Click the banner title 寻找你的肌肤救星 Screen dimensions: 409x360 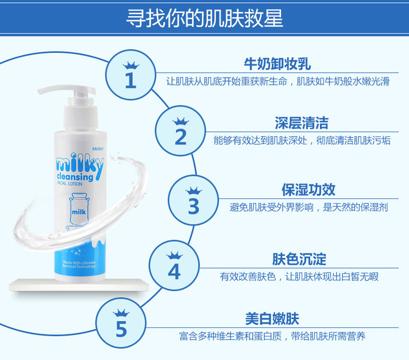click(x=204, y=19)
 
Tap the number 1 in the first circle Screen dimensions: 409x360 click(x=131, y=80)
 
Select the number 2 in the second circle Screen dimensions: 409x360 click(x=180, y=137)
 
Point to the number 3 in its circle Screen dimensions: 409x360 click(x=193, y=206)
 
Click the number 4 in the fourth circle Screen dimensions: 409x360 click(x=174, y=271)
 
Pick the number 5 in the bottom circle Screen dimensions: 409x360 click(x=121, y=329)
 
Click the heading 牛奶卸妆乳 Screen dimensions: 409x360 click(x=277, y=64)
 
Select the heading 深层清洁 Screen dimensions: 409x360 click(x=302, y=123)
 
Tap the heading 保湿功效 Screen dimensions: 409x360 click(x=308, y=190)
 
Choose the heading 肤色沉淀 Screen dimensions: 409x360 click(x=299, y=259)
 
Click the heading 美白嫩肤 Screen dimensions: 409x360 click(x=272, y=319)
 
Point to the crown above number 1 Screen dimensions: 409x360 click(x=131, y=65)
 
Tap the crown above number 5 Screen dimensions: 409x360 click(x=121, y=313)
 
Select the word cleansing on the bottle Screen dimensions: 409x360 click(x=75, y=177)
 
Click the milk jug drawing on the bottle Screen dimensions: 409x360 click(x=79, y=210)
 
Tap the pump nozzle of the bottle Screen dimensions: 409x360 click(x=67, y=90)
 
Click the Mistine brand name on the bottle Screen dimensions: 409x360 click(x=98, y=149)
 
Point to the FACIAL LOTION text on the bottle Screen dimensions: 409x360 click(x=69, y=184)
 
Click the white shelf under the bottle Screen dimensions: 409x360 click(x=79, y=285)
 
